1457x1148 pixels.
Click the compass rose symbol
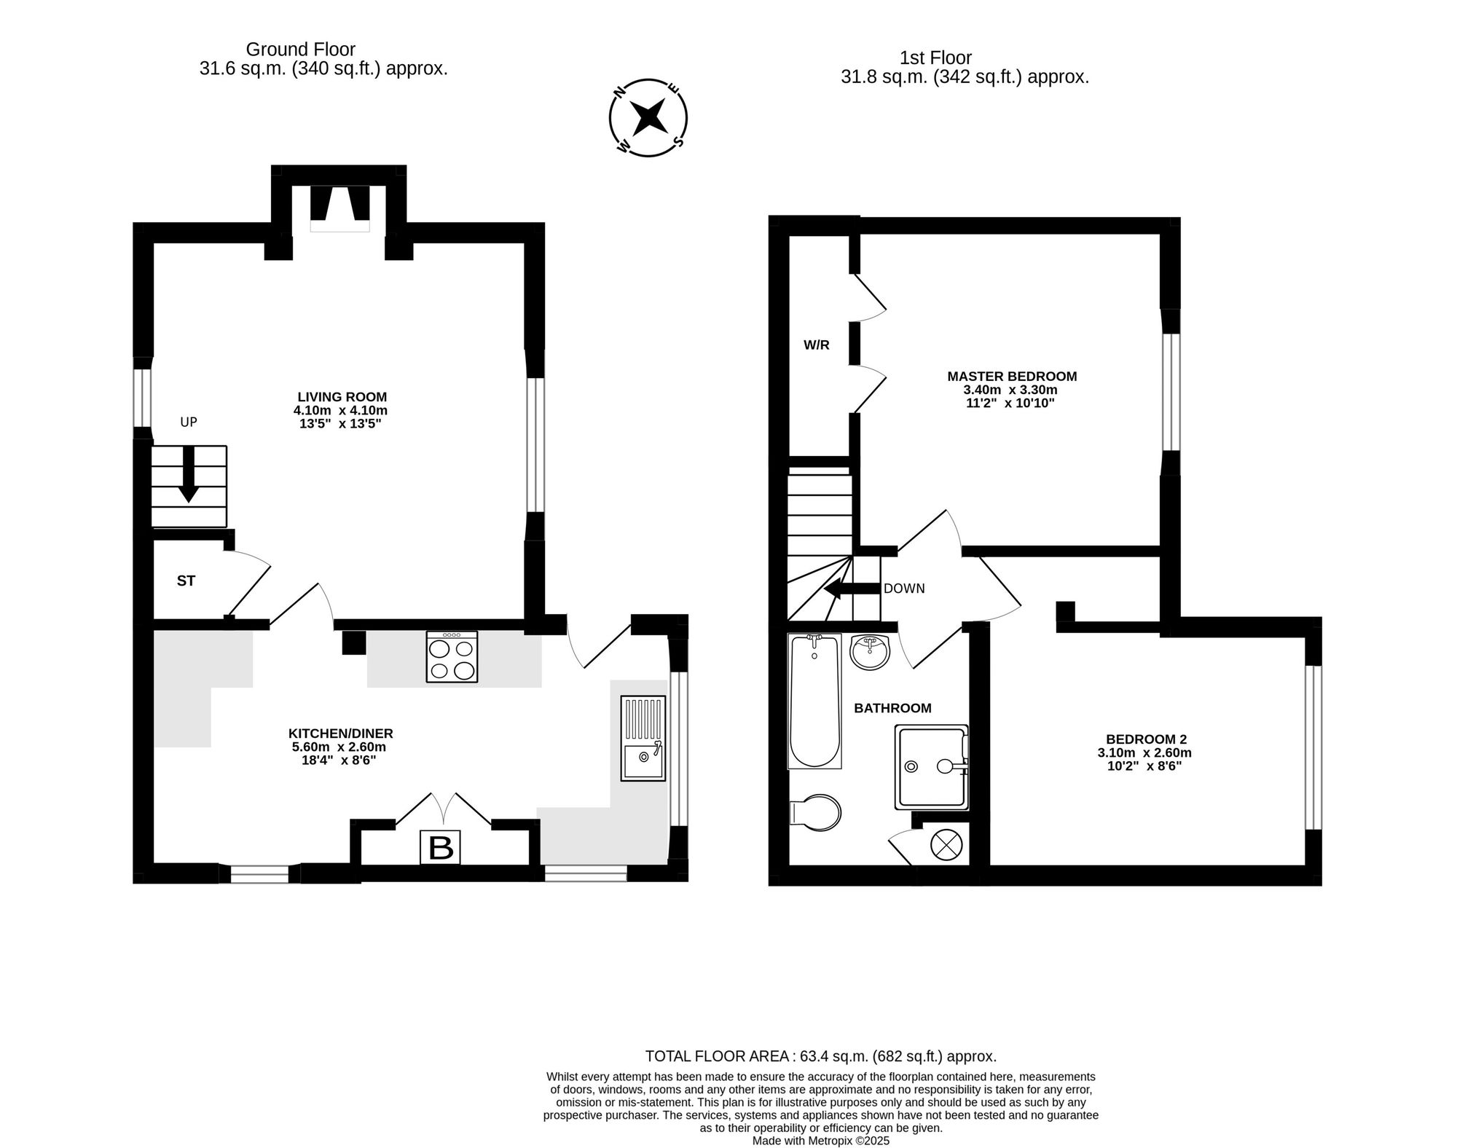click(648, 117)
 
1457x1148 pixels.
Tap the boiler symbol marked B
click(441, 847)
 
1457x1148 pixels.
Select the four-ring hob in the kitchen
click(452, 656)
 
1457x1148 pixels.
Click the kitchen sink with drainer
click(643, 738)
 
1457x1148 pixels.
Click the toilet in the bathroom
click(816, 812)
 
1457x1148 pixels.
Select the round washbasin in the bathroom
click(870, 652)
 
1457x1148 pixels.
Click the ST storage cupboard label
click(186, 581)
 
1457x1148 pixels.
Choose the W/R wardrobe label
click(817, 345)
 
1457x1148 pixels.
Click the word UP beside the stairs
click(189, 422)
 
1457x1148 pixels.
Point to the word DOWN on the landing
click(904, 589)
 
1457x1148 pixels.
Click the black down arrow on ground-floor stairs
click(189, 474)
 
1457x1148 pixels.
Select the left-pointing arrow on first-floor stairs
click(852, 589)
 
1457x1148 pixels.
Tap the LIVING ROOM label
click(342, 397)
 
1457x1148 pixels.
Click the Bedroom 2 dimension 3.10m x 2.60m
click(1144, 752)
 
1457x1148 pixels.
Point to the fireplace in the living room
click(339, 209)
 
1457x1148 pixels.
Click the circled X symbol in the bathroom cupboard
click(946, 846)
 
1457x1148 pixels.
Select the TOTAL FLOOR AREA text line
click(821, 1056)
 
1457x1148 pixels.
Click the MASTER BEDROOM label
click(1012, 377)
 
